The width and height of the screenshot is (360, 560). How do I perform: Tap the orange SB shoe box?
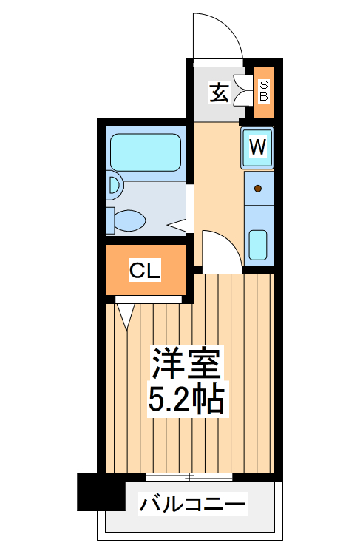pos(264,92)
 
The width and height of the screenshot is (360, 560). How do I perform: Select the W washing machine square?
pos(257,146)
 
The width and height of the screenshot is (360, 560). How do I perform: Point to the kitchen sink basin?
pos(257,244)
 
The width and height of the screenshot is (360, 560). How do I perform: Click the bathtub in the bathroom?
pos(145,152)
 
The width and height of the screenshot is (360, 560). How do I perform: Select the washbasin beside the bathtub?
pos(113,183)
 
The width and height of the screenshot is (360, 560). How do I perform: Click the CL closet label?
pos(145,271)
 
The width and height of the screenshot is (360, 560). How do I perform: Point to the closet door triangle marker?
pos(125,315)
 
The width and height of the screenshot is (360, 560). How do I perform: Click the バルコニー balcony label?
pos(193,505)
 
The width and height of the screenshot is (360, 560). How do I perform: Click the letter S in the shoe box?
pos(264,85)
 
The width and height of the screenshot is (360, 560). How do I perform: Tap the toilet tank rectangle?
pos(109,220)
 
